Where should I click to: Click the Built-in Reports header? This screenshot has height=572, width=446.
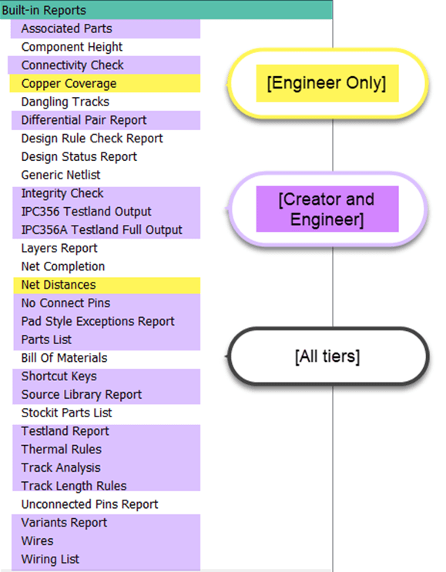click(44, 10)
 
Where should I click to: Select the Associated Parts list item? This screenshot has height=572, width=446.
click(66, 28)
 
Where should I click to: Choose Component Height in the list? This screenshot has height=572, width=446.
click(72, 47)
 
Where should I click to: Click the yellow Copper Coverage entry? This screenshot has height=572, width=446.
click(69, 84)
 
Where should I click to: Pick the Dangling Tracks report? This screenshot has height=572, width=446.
click(65, 102)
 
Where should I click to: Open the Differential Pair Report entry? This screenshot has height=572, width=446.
click(84, 120)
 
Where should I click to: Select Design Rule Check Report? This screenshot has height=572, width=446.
click(92, 139)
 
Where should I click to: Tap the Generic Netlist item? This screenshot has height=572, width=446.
click(61, 175)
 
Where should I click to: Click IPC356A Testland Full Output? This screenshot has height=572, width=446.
click(102, 230)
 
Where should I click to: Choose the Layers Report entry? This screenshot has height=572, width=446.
click(59, 249)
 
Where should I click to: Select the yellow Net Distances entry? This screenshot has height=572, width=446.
click(59, 285)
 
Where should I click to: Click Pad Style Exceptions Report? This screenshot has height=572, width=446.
click(98, 321)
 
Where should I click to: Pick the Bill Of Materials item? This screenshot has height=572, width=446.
click(64, 358)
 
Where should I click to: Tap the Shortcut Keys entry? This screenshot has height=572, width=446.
click(59, 376)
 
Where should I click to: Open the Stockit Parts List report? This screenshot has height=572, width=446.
click(66, 413)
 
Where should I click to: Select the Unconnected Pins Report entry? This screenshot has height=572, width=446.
click(89, 504)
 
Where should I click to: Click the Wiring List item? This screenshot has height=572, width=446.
click(50, 559)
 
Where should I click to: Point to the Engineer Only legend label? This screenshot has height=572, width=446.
click(327, 83)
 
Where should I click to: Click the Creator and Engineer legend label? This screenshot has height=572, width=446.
click(327, 209)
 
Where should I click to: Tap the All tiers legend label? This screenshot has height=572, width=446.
click(327, 356)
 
